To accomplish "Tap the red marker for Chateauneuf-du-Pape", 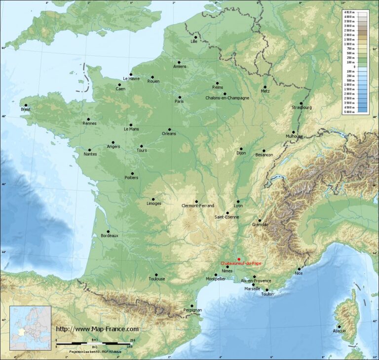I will [239, 259].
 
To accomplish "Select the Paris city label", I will [179, 101].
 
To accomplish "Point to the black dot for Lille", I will [195, 37].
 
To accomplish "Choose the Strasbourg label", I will [302, 107].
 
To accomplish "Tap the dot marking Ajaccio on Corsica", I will [339, 326].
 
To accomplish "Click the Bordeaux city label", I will [110, 236].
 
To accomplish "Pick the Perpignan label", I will [192, 310].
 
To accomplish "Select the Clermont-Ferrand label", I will [198, 205].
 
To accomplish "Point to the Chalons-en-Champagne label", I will [227, 98].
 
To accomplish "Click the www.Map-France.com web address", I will [97, 329].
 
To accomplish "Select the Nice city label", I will [299, 273].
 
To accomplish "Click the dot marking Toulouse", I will [156, 275].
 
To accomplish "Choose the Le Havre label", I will [131, 79].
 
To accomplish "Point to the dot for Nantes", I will [89, 150].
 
